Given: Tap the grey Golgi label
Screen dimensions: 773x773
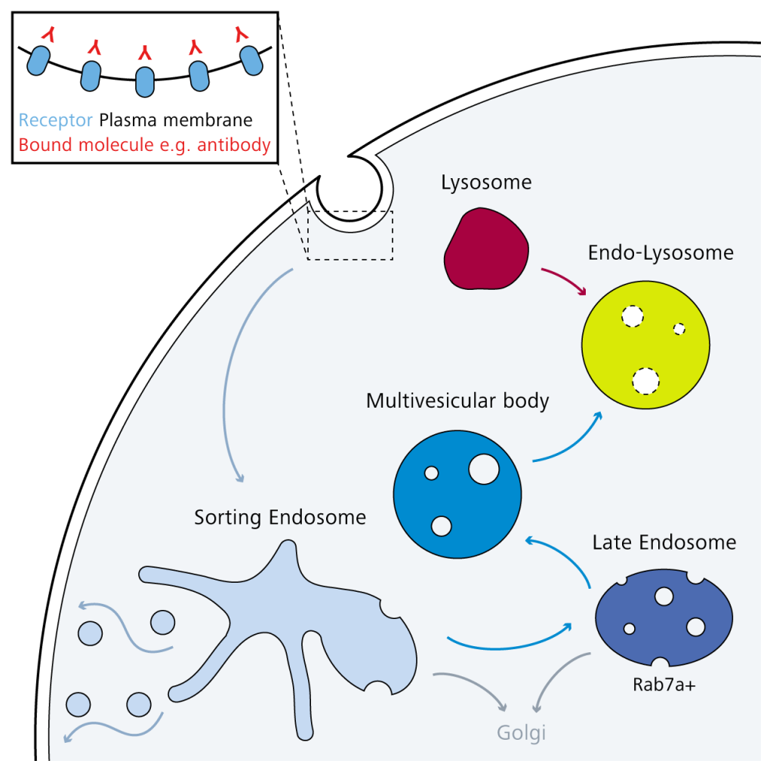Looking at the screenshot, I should (521, 732).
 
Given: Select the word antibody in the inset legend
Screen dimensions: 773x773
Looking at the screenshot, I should (232, 145).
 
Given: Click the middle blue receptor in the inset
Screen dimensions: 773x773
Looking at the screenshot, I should (145, 82).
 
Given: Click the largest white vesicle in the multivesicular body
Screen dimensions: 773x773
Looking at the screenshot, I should (483, 469).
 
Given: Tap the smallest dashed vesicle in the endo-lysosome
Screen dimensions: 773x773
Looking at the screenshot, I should (679, 328).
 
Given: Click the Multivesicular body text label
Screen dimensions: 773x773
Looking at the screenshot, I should (457, 400).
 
